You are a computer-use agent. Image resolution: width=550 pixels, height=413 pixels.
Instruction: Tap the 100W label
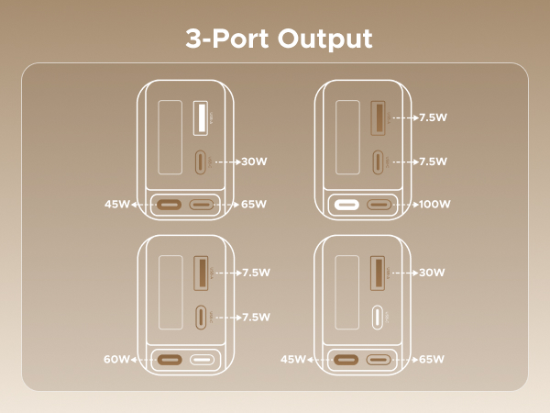coord(433,204)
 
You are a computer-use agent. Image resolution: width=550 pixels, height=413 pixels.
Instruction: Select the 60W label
coord(116,360)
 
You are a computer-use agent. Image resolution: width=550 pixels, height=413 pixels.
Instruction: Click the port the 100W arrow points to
coord(379,205)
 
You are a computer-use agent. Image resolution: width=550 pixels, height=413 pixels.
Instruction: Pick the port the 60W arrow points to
coord(170,360)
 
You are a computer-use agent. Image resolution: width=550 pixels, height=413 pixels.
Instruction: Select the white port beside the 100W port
coord(347,205)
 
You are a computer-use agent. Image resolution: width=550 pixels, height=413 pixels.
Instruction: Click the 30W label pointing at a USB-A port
coord(432,273)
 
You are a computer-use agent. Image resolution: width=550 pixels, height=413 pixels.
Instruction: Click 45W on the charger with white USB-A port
coord(117,204)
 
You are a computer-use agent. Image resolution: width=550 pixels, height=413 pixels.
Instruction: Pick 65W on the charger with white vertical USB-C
coord(433,360)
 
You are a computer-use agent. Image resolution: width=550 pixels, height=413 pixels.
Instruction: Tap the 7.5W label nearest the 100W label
coord(432,162)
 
